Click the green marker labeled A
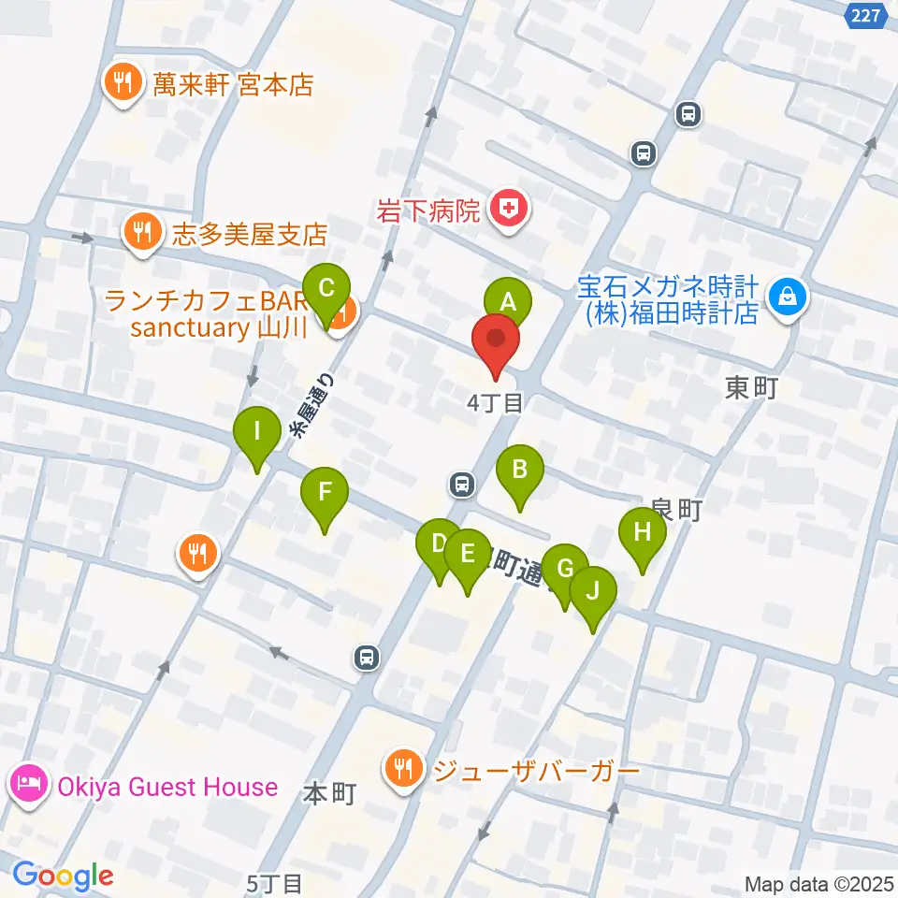click(507, 302)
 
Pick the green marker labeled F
click(325, 491)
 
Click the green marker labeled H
click(643, 532)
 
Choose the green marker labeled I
click(257, 432)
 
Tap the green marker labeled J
click(593, 591)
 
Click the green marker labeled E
click(467, 553)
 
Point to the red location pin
click(496, 342)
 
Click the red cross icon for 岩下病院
click(507, 209)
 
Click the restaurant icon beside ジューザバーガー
click(403, 770)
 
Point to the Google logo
click(63, 876)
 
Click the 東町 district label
click(750, 388)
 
